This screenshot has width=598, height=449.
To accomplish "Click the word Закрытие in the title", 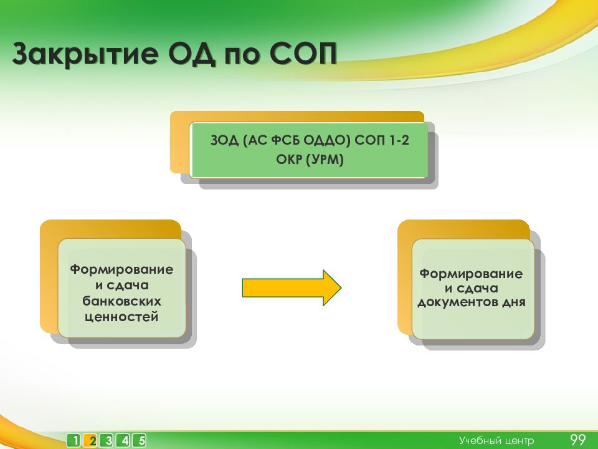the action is (x=85, y=54).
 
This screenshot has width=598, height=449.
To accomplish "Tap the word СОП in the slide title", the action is (x=303, y=53).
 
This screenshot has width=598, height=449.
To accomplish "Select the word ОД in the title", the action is (x=192, y=54).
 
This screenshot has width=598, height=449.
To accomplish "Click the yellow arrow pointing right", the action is (x=292, y=288).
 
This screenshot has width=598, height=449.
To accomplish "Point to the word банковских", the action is (x=121, y=301).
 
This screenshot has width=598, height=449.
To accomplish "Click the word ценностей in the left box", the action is (x=121, y=317).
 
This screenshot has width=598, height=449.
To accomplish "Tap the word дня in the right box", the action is (x=513, y=302).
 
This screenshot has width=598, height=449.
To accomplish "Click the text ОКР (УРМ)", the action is (x=310, y=159).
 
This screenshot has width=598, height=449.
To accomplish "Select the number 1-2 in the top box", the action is (x=399, y=140).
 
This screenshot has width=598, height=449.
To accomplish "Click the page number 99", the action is (x=578, y=440).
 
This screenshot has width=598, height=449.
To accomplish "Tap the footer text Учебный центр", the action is (x=496, y=441).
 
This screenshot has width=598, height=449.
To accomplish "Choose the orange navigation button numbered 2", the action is (x=90, y=441).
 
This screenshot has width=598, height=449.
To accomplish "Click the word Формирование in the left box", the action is (x=121, y=269).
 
